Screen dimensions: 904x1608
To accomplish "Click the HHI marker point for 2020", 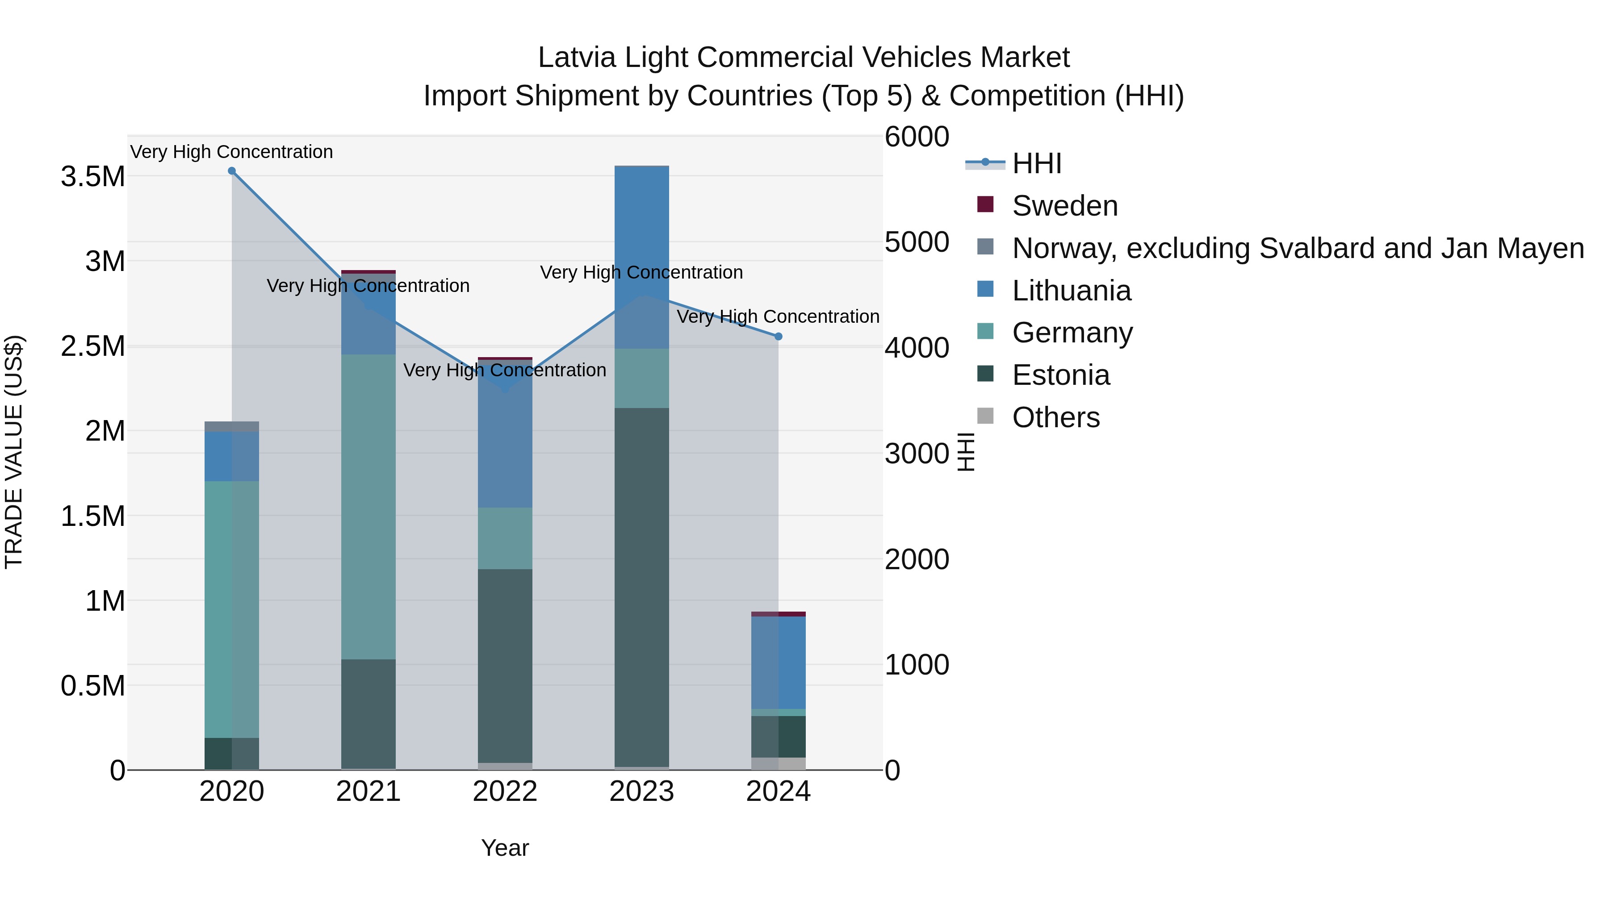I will point(231,171).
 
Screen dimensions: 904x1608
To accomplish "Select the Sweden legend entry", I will point(1064,206).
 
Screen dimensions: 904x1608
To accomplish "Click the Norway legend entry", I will point(1297,248).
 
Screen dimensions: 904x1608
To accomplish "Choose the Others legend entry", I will point(1055,417).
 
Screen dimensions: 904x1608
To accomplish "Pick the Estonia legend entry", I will point(1060,375).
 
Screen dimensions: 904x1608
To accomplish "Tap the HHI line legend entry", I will point(1036,163).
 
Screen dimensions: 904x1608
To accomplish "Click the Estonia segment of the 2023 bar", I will point(642,587).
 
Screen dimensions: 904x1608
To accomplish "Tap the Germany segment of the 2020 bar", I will point(231,609).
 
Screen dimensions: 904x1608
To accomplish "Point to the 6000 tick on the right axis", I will point(917,137).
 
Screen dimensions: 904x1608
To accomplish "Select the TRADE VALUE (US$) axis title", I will point(14,452).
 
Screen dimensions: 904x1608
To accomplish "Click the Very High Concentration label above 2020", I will point(231,152).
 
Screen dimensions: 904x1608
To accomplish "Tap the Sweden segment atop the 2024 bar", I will point(779,614).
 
